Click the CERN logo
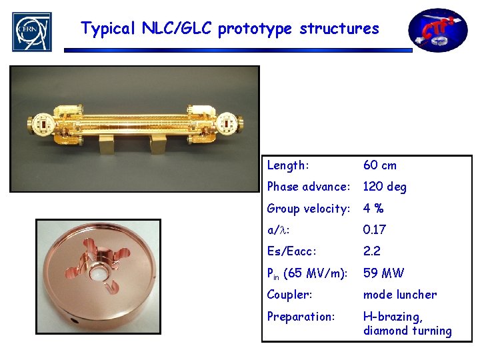(x=31, y=31)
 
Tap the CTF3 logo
(x=437, y=31)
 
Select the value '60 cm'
(x=380, y=165)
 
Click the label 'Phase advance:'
(x=309, y=187)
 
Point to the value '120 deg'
(x=385, y=187)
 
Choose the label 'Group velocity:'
(x=309, y=209)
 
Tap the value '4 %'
(x=373, y=209)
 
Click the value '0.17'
(x=375, y=230)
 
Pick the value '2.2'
(x=371, y=251)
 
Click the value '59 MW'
(x=383, y=273)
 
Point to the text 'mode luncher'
(x=400, y=295)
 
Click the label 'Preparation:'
(x=301, y=316)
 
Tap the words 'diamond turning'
(x=407, y=331)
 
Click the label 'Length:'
(x=288, y=165)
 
